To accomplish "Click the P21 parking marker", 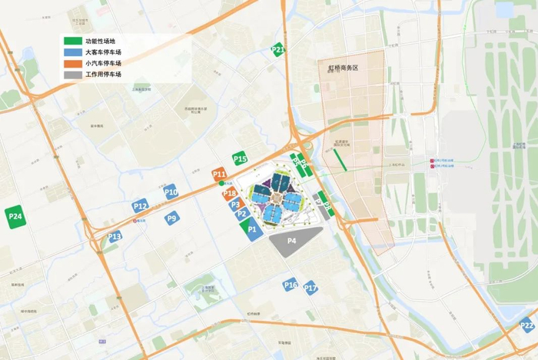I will (x=278, y=51).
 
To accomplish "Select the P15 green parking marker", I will (x=241, y=158).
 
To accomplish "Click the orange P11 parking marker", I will (x=219, y=175).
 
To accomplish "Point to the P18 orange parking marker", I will (x=230, y=193).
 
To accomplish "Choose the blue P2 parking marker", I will (x=241, y=214).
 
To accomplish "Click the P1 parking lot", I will (x=251, y=229).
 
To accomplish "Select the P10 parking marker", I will (x=171, y=192).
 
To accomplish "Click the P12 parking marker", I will (x=140, y=205).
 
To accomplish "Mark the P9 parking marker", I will (x=172, y=218).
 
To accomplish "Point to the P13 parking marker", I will (x=115, y=236).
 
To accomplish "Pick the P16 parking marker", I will (x=290, y=285).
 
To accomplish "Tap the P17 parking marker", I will (x=311, y=288).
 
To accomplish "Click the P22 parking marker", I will (x=526, y=325).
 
